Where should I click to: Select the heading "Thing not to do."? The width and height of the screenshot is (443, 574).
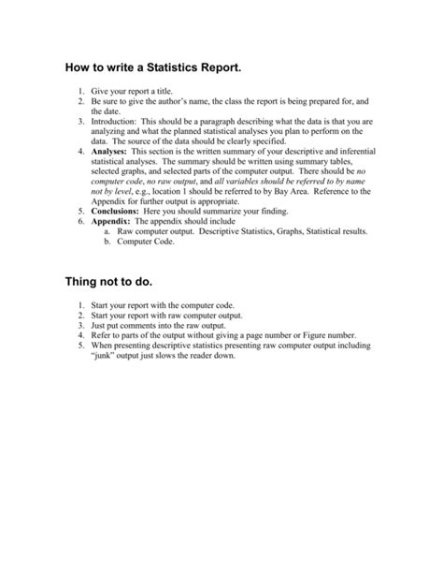(110, 281)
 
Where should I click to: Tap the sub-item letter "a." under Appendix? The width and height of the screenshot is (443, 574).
(107, 232)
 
